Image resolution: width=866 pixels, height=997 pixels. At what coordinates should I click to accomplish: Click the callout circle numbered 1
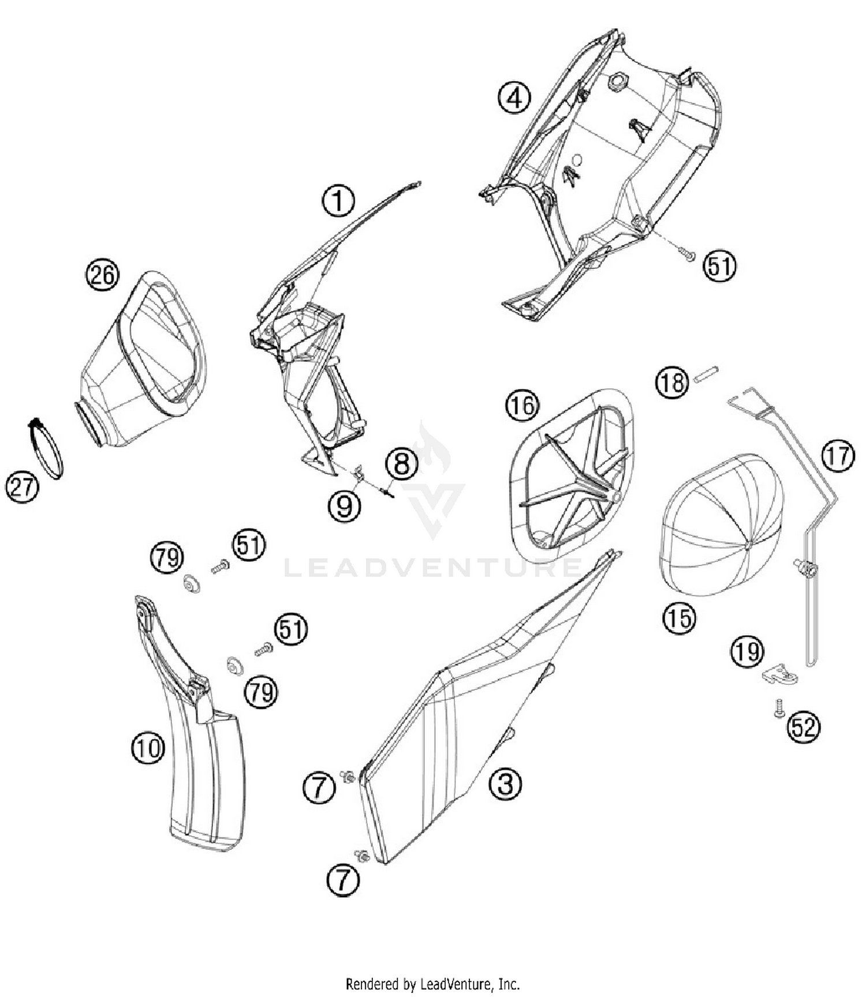point(338,201)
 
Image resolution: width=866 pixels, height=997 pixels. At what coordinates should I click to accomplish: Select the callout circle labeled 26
point(102,275)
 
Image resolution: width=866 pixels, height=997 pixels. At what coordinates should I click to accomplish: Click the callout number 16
point(522,406)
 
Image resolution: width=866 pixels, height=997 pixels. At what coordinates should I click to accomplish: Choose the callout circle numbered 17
point(838,456)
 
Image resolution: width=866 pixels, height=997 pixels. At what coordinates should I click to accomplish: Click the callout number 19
point(747,652)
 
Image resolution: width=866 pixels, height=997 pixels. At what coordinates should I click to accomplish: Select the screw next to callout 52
point(779,709)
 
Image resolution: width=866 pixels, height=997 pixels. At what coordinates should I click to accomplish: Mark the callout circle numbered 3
point(505,784)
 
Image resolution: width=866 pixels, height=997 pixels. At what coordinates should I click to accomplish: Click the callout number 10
point(148,748)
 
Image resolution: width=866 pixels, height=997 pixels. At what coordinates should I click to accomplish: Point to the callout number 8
point(402,463)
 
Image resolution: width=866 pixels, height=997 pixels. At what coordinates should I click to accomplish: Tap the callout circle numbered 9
point(344,506)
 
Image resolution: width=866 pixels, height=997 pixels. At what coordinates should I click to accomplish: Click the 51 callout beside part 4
point(719,267)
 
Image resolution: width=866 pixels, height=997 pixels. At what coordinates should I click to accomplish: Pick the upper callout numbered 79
point(167,558)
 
